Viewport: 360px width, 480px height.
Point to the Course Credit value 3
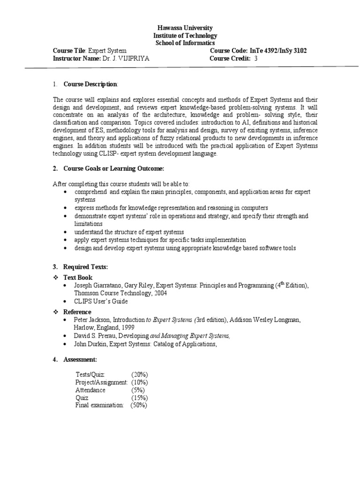pos(256,59)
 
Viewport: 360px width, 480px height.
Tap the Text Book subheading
pos(78,277)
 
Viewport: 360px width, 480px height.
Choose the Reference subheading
pos(77,312)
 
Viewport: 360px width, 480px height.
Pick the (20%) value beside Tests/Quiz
pos(140,375)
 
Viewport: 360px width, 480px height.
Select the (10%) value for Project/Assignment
pos(140,382)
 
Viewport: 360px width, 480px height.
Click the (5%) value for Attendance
pos(138,390)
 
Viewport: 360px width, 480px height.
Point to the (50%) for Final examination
pos(139,405)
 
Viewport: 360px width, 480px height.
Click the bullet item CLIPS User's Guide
pos(100,301)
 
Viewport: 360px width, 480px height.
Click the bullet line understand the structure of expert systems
pos(129,232)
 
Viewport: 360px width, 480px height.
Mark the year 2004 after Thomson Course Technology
pos(159,293)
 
